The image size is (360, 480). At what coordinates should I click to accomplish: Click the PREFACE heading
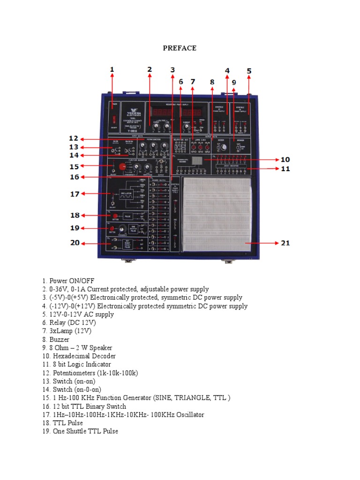coord(180,48)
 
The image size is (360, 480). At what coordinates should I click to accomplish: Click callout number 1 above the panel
coord(112,69)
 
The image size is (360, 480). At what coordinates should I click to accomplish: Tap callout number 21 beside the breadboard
coord(285,243)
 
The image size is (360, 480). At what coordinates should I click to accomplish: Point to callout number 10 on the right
coord(285,159)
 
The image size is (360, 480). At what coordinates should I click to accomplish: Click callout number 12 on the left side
coord(73,138)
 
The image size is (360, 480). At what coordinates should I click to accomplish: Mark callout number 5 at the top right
coord(249,71)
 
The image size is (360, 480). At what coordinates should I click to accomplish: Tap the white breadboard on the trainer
coord(217,214)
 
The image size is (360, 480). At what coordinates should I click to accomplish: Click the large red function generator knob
coord(123,166)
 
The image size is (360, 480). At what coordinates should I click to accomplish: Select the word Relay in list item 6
coord(58,322)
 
